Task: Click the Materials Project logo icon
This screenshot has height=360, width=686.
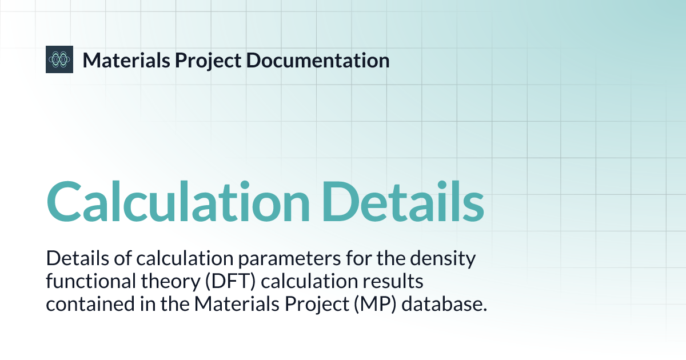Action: tap(59, 59)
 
